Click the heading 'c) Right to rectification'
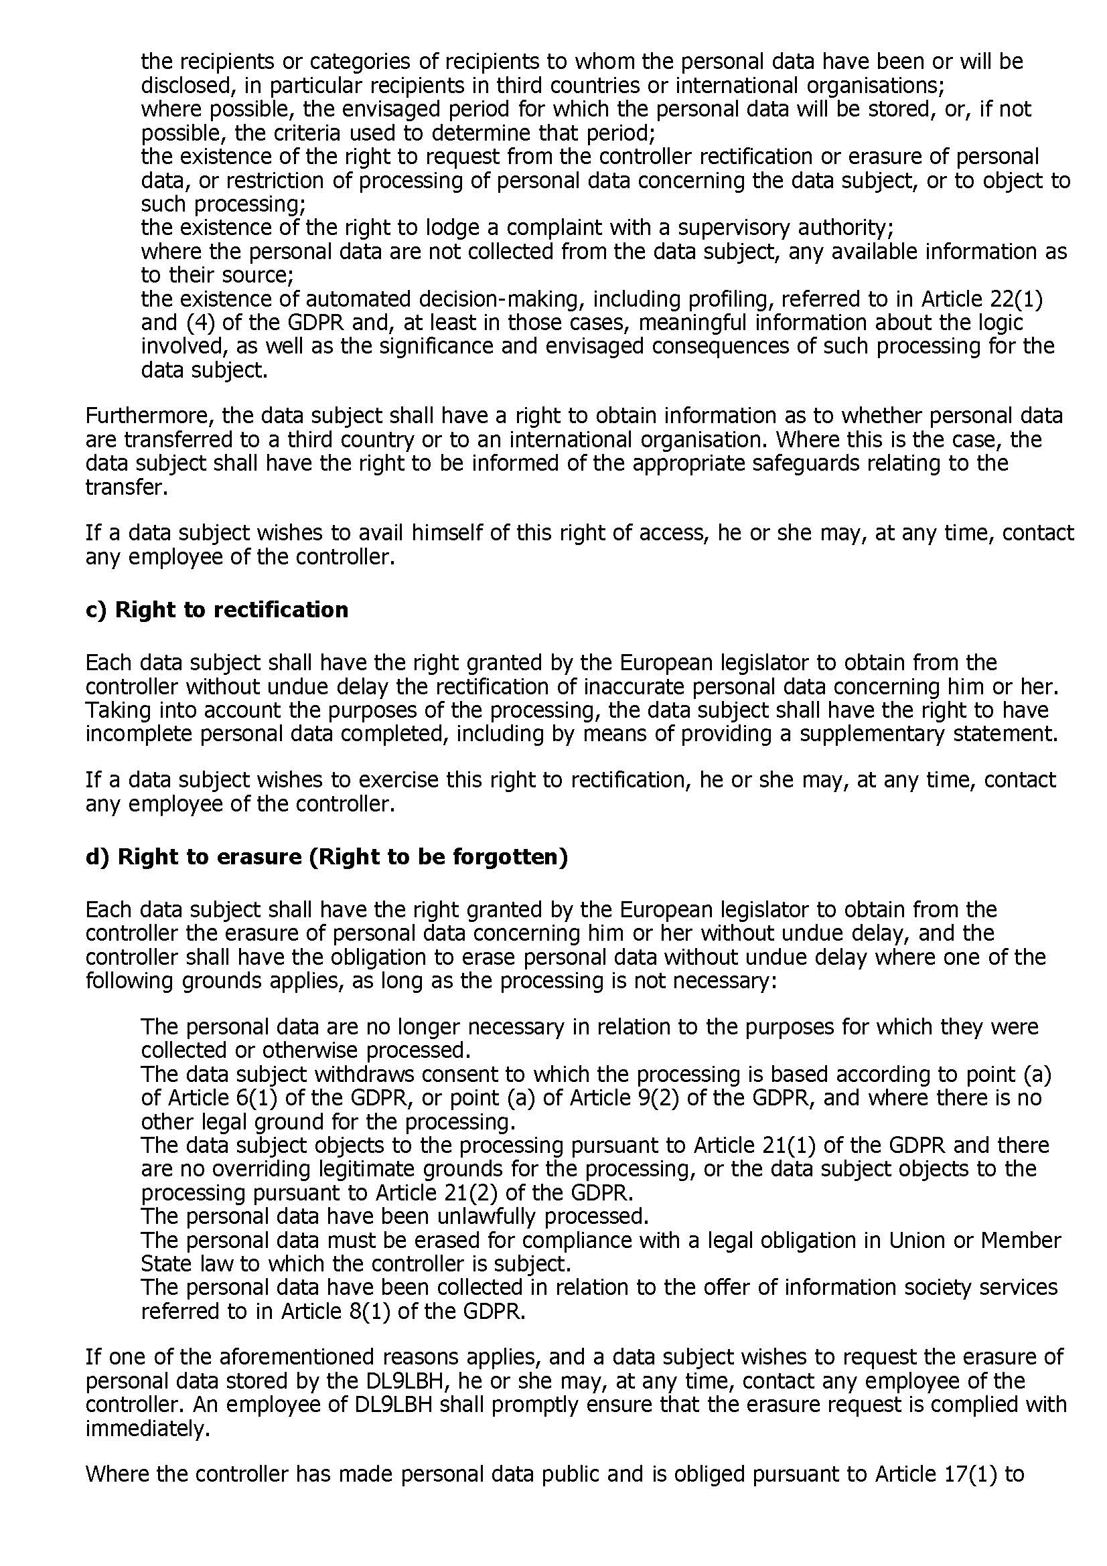pyautogui.click(x=217, y=609)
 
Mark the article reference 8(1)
pyautogui.click(x=368, y=1311)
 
